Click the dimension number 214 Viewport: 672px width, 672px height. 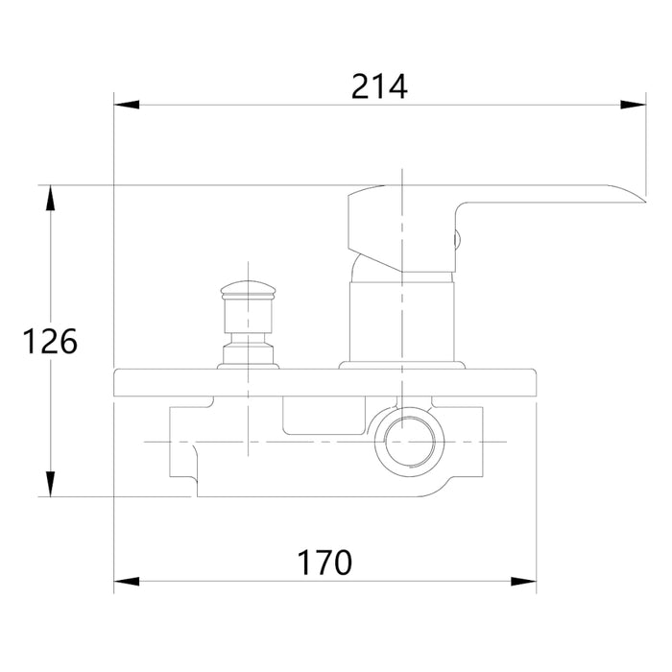click(x=379, y=87)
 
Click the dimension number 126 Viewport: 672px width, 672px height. click(x=50, y=341)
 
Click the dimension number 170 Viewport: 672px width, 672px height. click(x=324, y=563)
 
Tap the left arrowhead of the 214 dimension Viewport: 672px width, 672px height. click(x=127, y=105)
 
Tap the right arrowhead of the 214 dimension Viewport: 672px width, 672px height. click(x=633, y=105)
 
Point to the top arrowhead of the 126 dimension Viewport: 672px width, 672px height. click(x=51, y=198)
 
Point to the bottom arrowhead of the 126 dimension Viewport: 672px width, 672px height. click(x=51, y=484)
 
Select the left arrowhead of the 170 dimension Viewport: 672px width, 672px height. click(x=127, y=582)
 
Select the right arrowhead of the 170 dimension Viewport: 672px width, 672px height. click(x=523, y=582)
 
